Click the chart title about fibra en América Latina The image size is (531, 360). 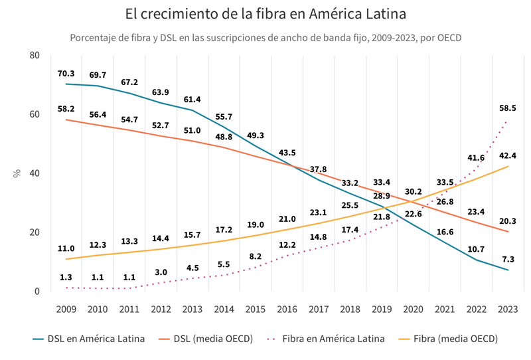(x=265, y=14)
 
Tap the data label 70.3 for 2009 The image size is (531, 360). (x=66, y=74)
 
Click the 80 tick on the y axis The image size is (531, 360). (x=35, y=55)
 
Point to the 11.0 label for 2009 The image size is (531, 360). (x=66, y=248)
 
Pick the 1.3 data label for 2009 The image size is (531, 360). (x=66, y=277)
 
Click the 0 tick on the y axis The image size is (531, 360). (x=37, y=292)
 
